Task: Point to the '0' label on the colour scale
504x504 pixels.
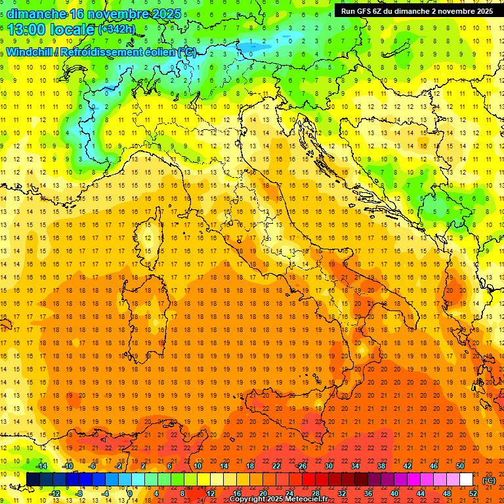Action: point(129,493)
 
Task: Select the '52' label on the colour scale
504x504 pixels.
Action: point(472,493)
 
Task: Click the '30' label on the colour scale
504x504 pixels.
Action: point(328,466)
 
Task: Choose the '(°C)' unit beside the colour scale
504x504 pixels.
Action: point(489,480)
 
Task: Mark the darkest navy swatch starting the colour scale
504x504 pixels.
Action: point(33,480)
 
